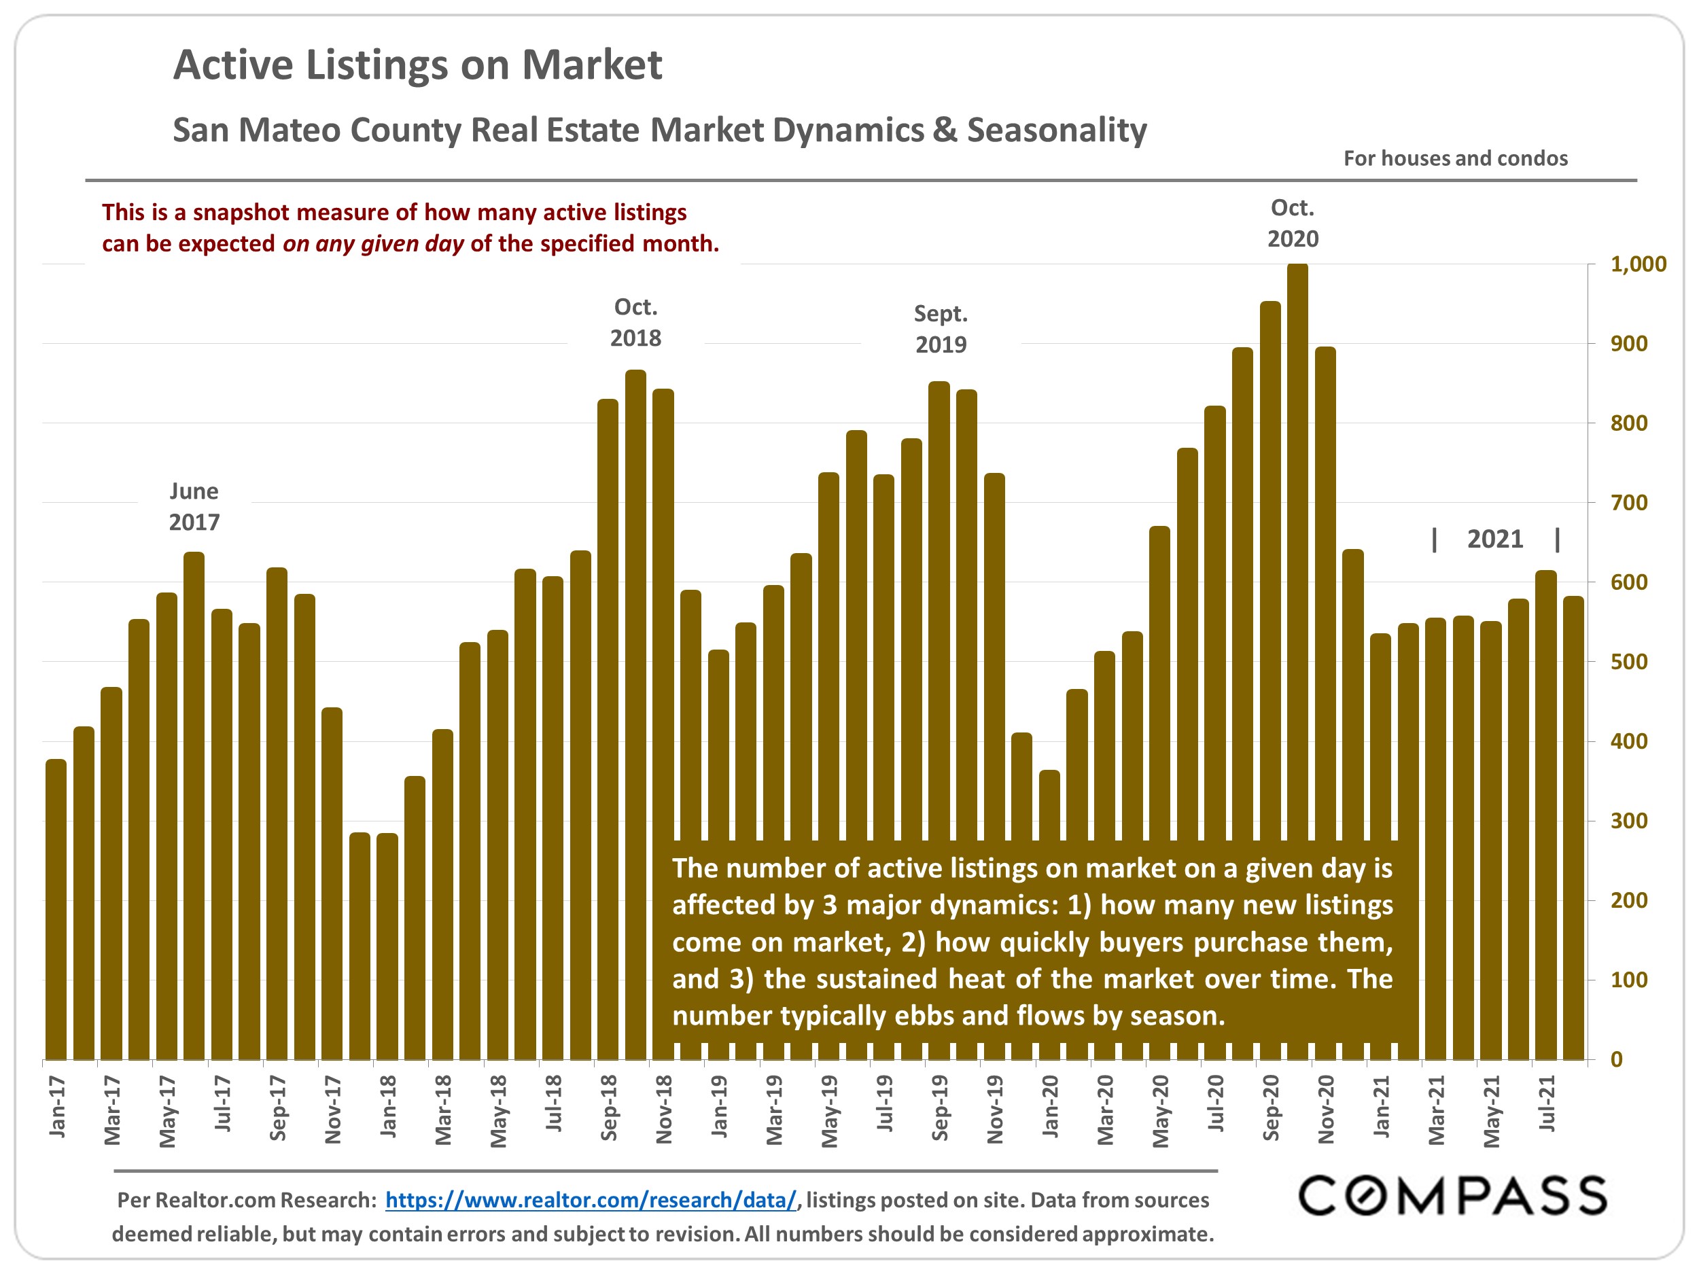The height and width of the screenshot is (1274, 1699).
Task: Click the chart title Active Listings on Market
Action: [417, 65]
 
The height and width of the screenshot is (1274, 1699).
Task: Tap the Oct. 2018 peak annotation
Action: [635, 323]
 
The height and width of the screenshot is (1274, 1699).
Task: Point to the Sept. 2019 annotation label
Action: [941, 329]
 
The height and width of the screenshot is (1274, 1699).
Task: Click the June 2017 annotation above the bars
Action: [194, 506]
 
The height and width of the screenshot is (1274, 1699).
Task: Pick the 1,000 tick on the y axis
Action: [1638, 264]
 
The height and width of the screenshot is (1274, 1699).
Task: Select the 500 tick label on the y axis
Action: [1629, 662]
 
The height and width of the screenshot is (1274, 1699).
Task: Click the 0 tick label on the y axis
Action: [1617, 1060]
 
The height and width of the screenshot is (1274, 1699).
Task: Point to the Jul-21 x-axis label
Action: [1547, 1103]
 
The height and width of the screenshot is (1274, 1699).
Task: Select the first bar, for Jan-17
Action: [56, 910]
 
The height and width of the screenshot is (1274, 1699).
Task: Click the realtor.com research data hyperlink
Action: [591, 1201]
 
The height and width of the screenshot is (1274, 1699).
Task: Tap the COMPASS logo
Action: [1452, 1197]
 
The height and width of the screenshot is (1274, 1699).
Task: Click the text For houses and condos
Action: [1455, 158]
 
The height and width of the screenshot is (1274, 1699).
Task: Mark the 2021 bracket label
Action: [1494, 539]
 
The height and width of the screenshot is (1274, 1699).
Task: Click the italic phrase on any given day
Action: [373, 244]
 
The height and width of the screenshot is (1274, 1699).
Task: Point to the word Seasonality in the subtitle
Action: [1057, 130]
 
